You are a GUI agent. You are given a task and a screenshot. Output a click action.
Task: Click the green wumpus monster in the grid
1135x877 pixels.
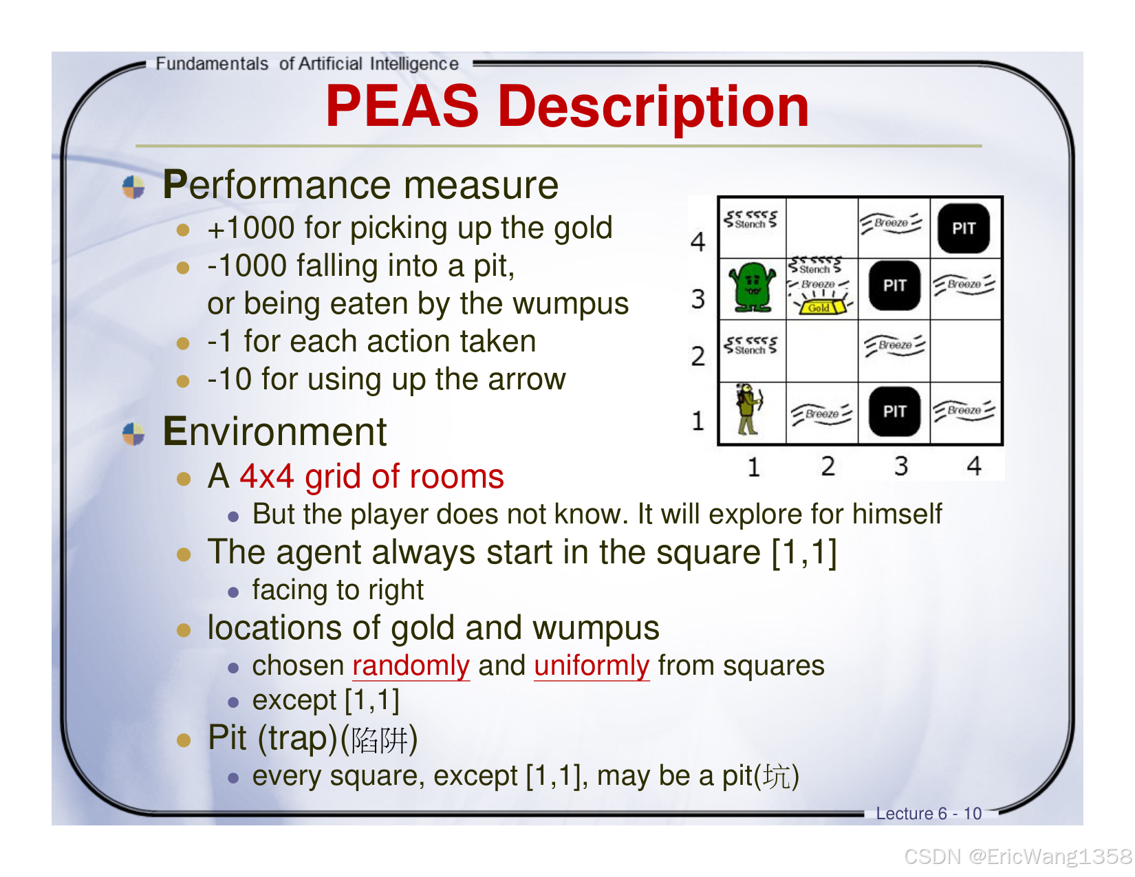click(752, 287)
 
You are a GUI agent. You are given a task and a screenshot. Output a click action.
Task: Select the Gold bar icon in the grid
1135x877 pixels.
click(819, 307)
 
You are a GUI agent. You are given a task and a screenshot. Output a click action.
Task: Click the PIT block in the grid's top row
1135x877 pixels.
click(964, 228)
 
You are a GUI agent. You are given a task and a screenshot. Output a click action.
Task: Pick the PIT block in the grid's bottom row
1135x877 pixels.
click(894, 411)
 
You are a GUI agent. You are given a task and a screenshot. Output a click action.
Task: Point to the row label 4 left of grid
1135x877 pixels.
click(698, 241)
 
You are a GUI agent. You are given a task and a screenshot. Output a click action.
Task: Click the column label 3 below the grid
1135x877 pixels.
click(900, 466)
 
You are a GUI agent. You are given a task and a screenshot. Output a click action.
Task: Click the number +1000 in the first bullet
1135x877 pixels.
click(251, 228)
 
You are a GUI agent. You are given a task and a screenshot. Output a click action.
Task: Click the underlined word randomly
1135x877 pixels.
click(411, 666)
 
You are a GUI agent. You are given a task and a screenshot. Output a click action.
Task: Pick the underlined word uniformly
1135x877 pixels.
click(592, 666)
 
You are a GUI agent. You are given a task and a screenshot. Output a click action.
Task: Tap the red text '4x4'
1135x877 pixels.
click(267, 477)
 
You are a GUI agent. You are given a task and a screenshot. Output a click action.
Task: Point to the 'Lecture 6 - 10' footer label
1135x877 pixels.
click(928, 814)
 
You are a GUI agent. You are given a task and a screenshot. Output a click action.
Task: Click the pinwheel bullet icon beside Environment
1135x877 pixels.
click(133, 434)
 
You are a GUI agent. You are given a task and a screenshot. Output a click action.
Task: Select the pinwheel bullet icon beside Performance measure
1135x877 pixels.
click(133, 186)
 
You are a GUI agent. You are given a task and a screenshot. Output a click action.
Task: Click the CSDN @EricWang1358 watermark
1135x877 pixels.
click(1017, 856)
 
